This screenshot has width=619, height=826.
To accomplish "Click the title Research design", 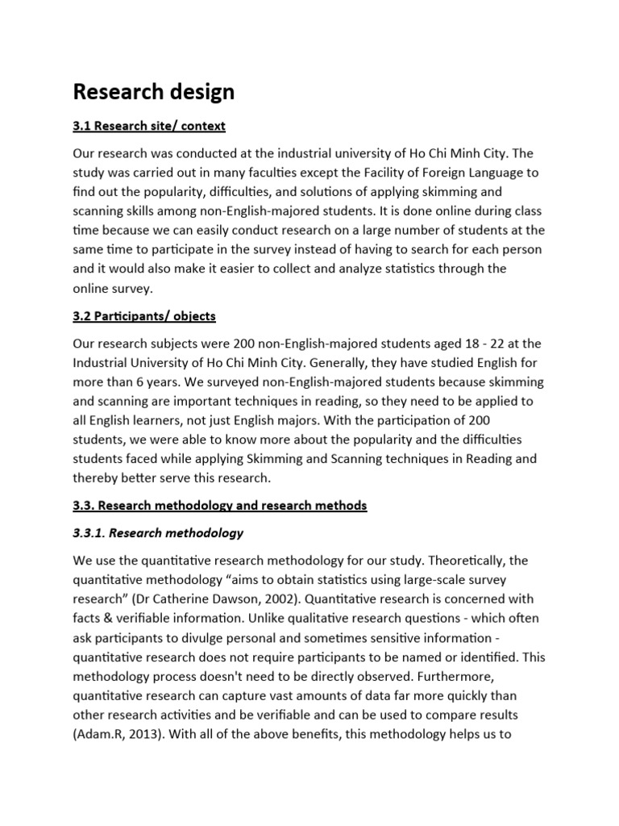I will point(153,92).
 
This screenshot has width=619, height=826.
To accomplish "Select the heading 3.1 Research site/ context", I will point(149,126).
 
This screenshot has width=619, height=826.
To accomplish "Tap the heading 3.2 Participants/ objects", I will point(144,315).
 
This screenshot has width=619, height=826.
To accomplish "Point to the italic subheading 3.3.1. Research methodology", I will point(158,533).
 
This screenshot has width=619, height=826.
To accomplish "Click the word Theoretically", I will point(463,561).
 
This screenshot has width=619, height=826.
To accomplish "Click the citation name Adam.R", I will point(99,735).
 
